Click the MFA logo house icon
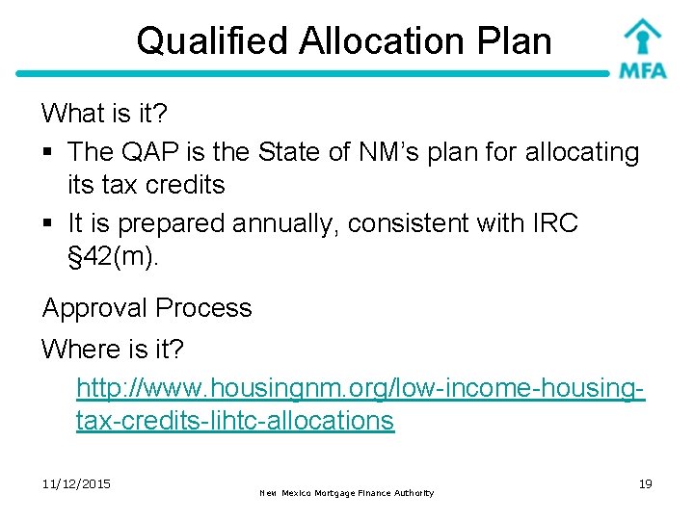coord(642,36)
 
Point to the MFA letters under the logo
coord(642,70)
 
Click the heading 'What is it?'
coord(104,114)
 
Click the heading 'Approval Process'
coord(147,308)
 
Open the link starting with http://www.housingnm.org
coord(360,389)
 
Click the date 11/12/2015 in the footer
coord(76,483)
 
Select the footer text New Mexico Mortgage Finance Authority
coord(347,493)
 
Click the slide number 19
coord(645,483)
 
